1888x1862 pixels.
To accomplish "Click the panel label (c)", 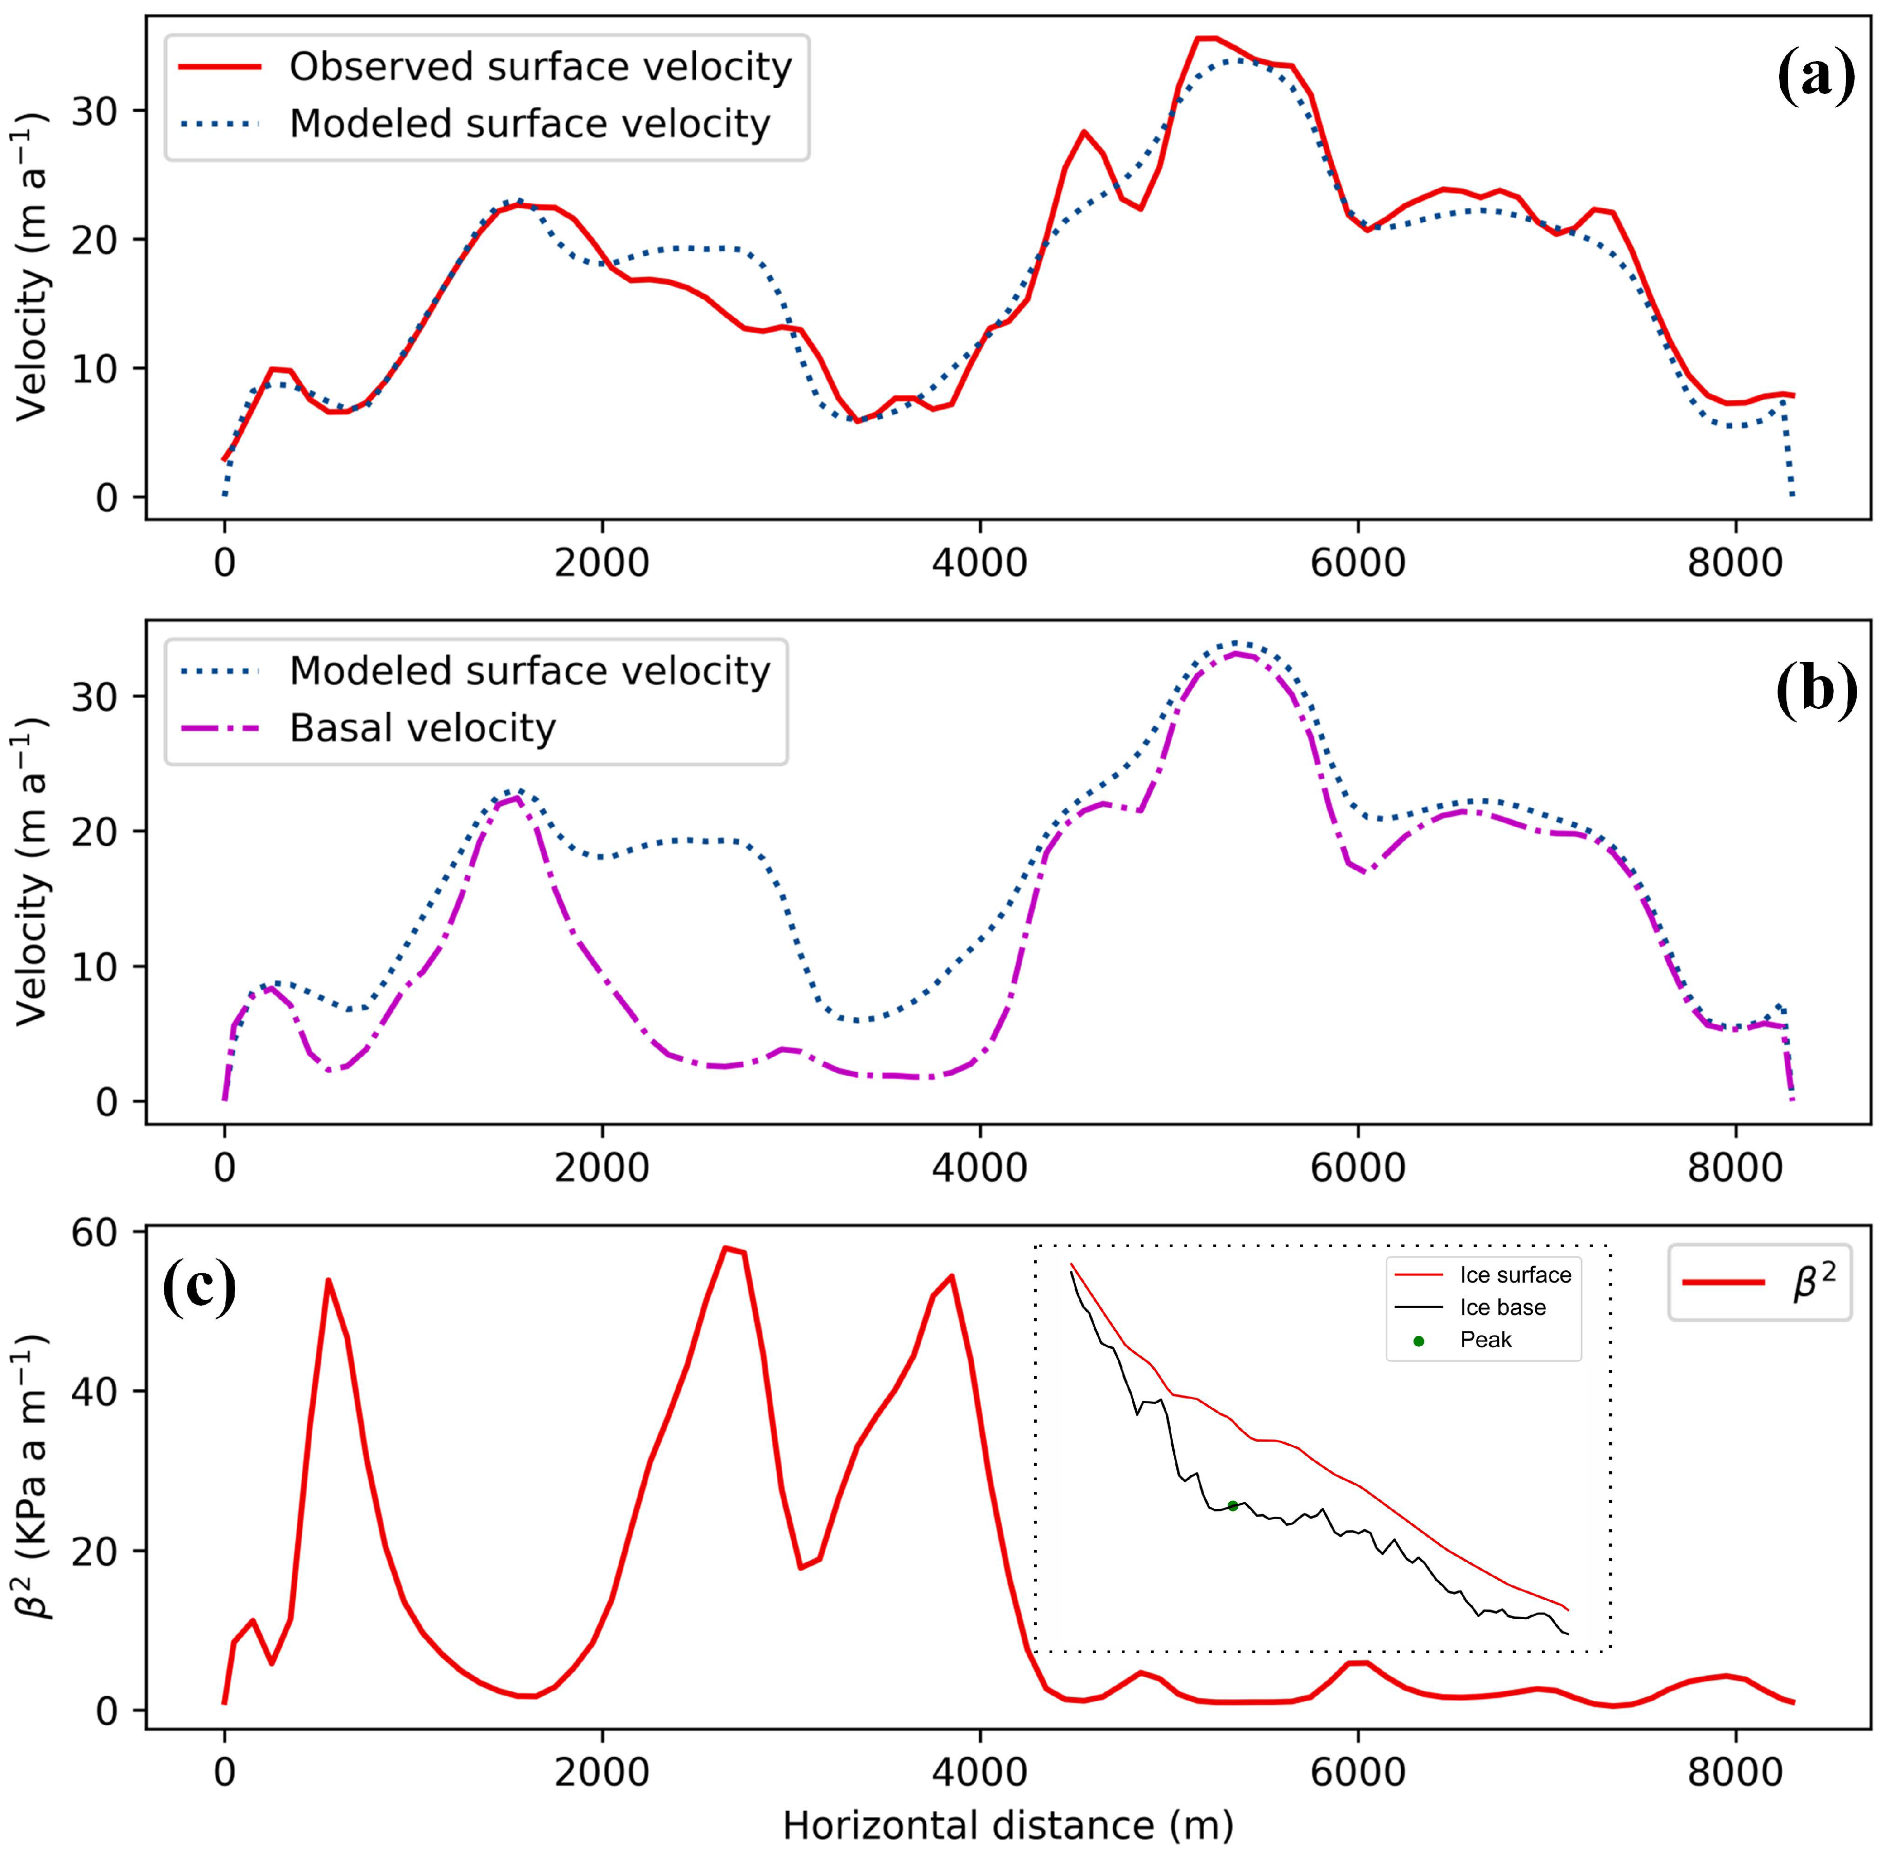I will pos(198,1288).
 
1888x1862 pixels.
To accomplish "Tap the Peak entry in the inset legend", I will pos(1485,1340).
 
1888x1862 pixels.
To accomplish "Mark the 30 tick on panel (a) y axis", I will pos(94,110).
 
